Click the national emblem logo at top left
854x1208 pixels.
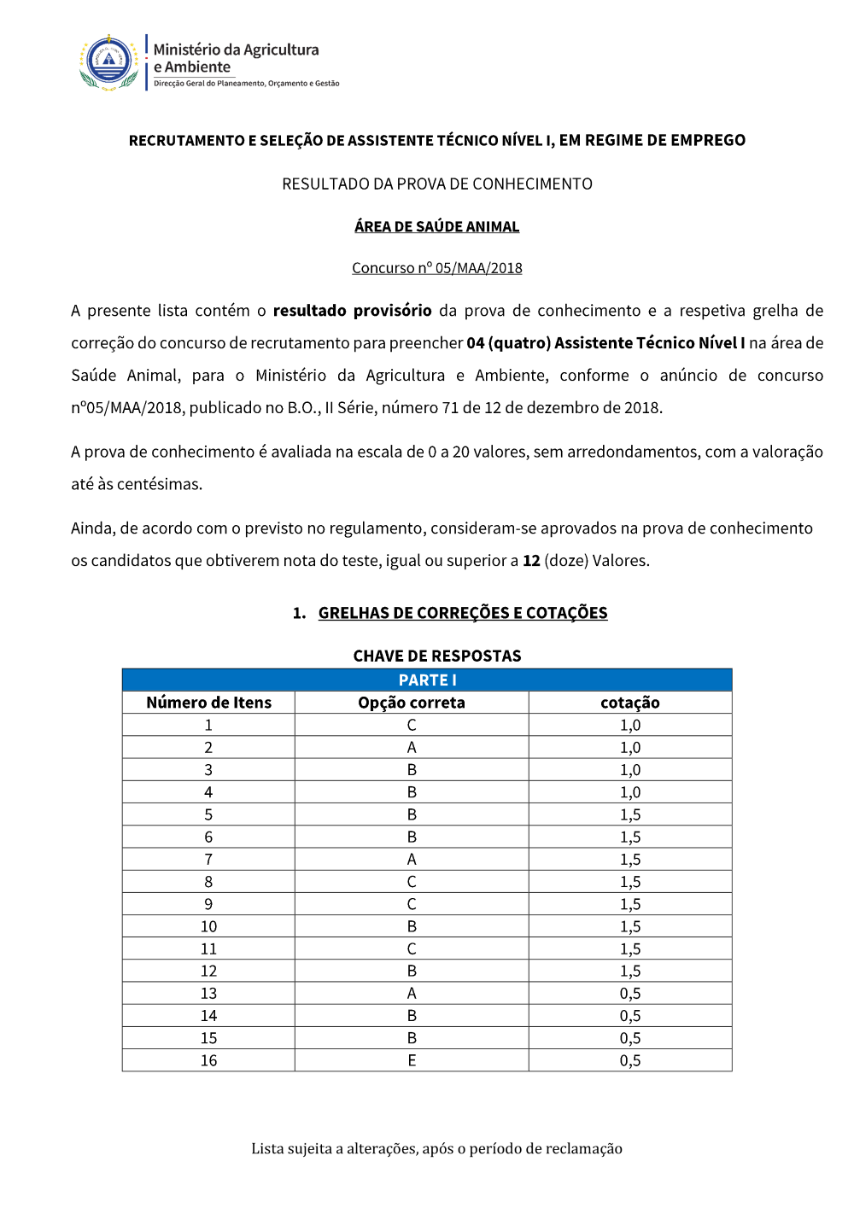(x=109, y=62)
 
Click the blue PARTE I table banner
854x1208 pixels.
(x=427, y=680)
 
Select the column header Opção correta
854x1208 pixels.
(x=412, y=703)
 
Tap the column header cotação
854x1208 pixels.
(x=630, y=703)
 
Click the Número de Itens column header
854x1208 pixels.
(x=208, y=703)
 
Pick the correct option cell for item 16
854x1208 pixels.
(x=412, y=1060)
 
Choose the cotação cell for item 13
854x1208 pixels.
(x=630, y=993)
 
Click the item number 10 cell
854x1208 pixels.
(x=208, y=926)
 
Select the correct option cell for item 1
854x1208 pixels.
(x=412, y=725)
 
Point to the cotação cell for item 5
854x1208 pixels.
(x=630, y=814)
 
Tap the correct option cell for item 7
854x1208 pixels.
(x=412, y=859)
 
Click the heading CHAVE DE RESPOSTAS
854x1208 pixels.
(x=437, y=656)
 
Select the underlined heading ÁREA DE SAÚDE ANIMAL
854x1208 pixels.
(x=437, y=226)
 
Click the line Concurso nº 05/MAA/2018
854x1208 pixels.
(x=437, y=268)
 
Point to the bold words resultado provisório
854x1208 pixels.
(x=352, y=311)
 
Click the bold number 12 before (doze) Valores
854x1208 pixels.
(x=531, y=561)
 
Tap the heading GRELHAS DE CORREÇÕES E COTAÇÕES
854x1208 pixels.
(x=463, y=613)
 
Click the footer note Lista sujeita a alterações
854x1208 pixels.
(x=436, y=1148)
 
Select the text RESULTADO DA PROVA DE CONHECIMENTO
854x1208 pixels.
(x=437, y=184)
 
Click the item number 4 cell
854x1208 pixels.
(x=208, y=792)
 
